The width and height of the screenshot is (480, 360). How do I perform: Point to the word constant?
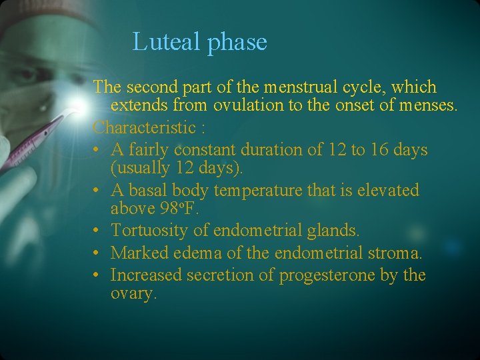(x=192, y=149)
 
